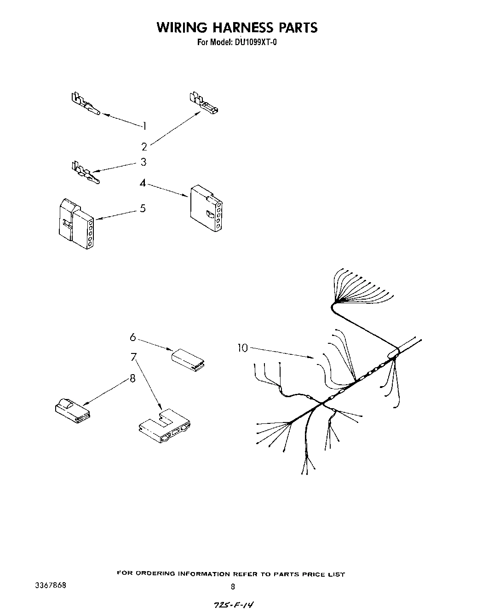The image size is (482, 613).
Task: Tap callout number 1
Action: pos(144,126)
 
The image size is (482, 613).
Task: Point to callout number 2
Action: pos(144,147)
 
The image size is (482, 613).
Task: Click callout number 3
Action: pos(143,162)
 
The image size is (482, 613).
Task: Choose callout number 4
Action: pos(143,183)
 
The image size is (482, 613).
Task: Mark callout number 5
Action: pos(143,208)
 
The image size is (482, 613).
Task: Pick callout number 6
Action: pos(133,337)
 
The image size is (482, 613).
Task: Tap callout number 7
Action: pos(133,357)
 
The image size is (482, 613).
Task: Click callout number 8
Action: pos(132,378)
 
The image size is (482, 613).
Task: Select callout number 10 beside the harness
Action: pos(242,348)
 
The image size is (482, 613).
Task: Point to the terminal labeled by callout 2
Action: pos(203,104)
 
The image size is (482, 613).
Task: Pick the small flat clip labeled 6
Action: pos(189,359)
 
